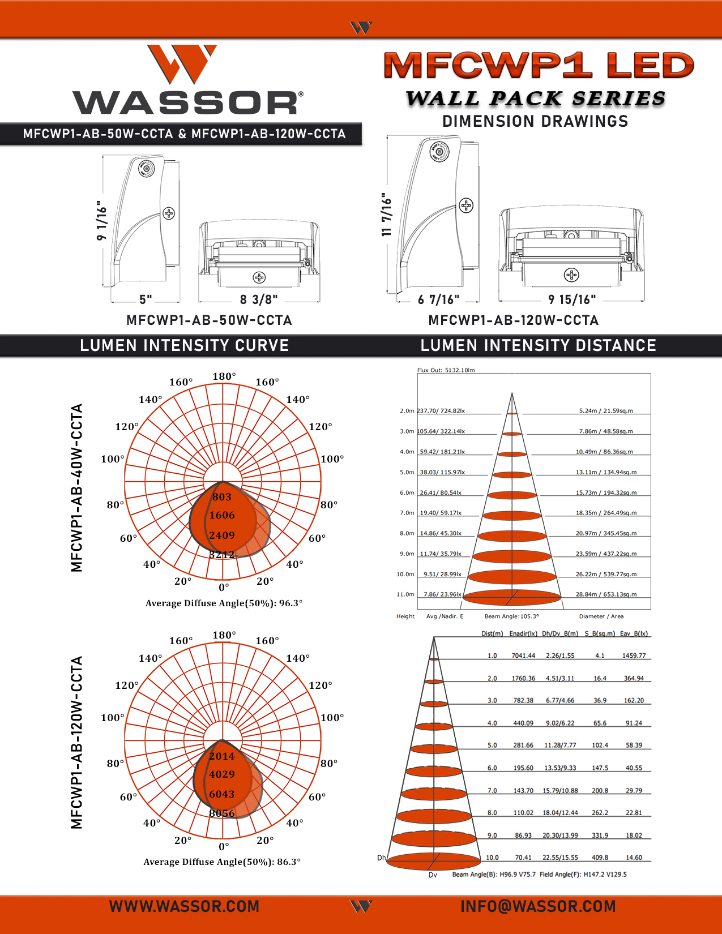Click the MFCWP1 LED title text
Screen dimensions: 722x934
(x=539, y=66)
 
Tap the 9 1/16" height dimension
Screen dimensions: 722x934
(x=101, y=220)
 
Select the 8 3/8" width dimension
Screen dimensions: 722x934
(x=259, y=299)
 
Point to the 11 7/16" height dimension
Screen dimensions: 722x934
(x=387, y=214)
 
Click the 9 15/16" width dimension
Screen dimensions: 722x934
(x=572, y=299)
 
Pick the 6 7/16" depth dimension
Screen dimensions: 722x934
(x=439, y=299)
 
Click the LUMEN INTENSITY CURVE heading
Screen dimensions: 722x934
(x=185, y=345)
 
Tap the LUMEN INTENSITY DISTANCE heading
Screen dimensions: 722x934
(x=539, y=345)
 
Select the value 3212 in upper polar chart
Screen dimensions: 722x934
(x=222, y=555)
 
